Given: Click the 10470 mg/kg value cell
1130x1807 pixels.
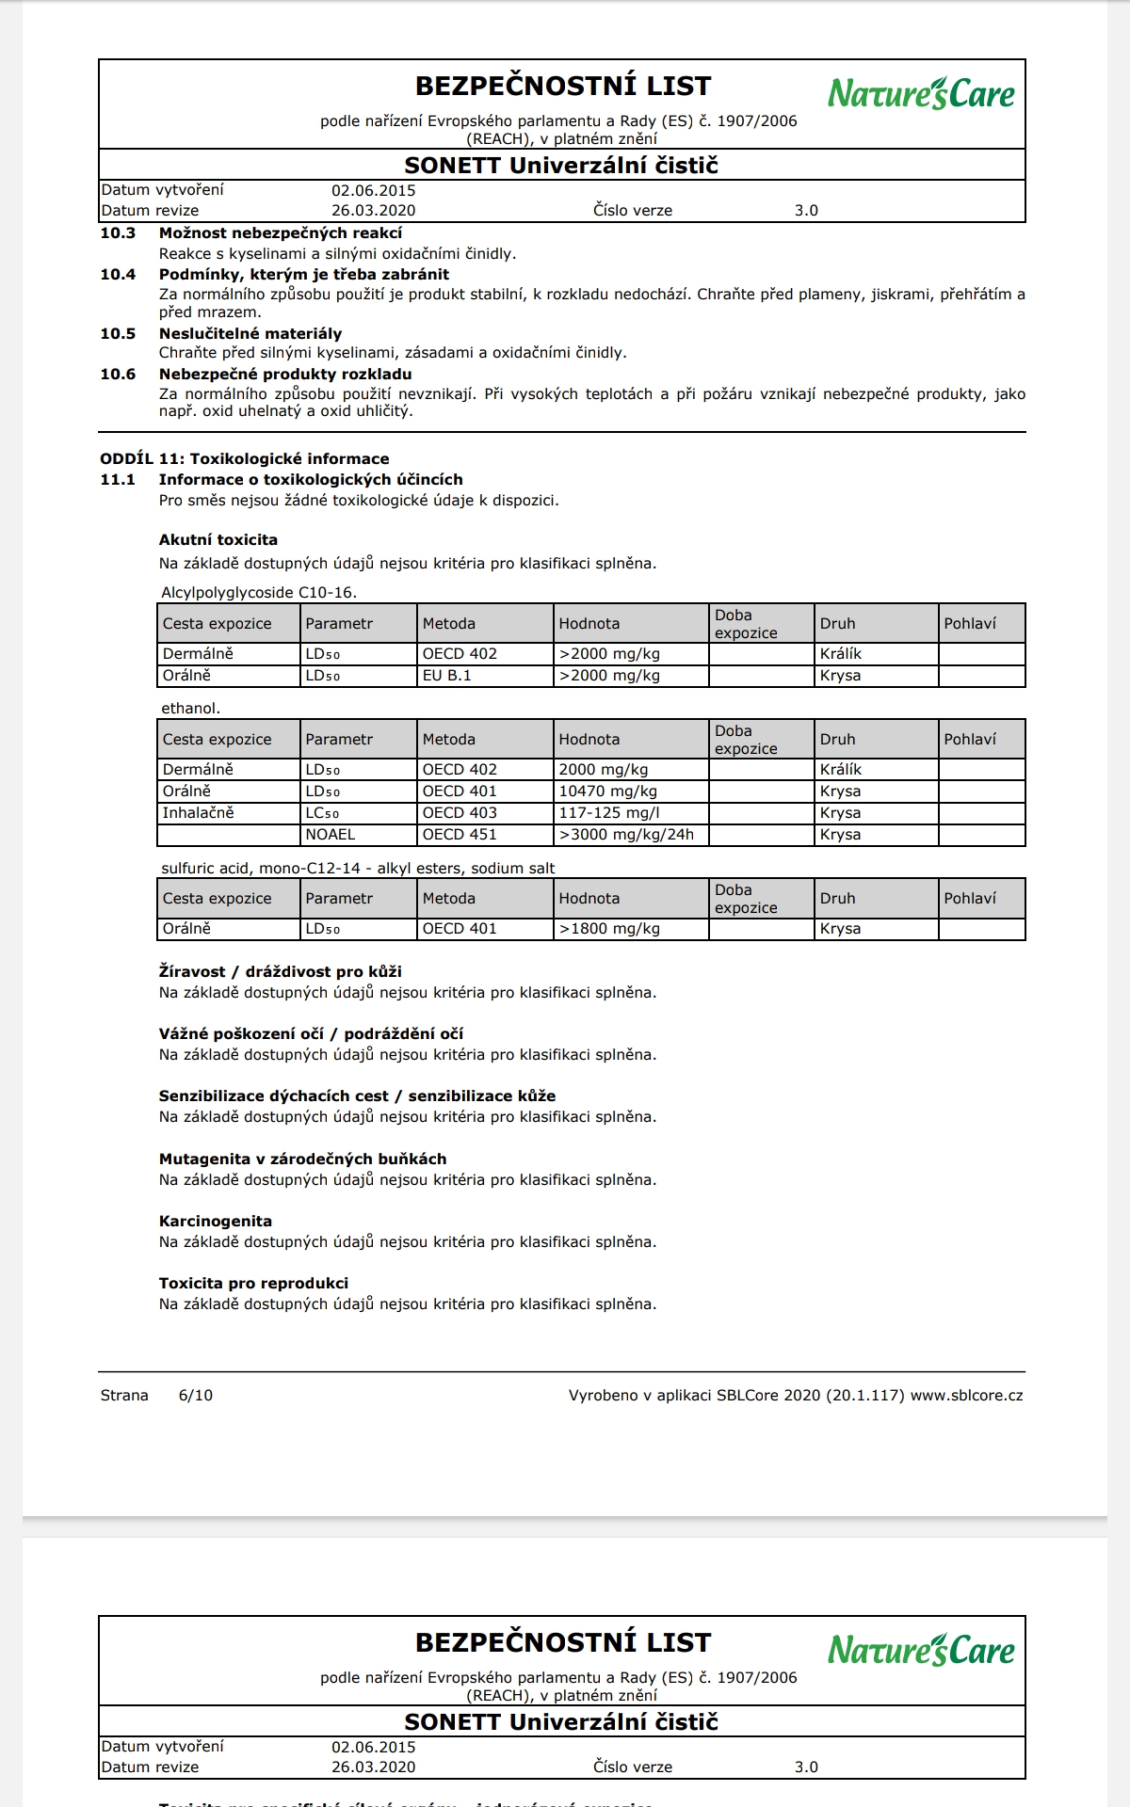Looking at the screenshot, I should coord(608,792).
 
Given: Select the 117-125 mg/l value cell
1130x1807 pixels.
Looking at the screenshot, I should coord(608,813).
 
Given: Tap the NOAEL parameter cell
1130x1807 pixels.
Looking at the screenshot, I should coord(331,835).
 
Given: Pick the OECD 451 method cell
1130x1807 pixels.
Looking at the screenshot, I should coord(460,835).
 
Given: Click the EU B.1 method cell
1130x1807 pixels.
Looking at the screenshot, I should coord(447,676).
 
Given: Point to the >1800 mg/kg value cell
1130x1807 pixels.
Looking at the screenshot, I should coord(609,929).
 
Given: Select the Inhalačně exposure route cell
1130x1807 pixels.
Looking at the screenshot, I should coord(199,813).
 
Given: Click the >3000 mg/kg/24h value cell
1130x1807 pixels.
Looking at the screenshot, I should coord(626,835).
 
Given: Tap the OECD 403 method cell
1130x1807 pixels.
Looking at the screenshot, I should coord(460,813).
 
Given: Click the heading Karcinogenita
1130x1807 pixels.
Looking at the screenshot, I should coord(216,1222).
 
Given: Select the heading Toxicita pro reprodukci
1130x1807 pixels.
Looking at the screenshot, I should coord(253,1284).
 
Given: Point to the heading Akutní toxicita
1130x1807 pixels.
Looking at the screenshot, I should coord(218,540).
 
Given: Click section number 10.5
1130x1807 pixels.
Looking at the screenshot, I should coord(118,334).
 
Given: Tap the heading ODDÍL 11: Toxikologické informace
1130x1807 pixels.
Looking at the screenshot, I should coord(245,459).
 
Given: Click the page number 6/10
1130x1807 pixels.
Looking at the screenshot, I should coord(196,1396).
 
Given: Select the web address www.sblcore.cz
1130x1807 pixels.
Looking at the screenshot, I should coord(966,1396).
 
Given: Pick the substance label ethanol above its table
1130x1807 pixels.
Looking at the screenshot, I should coord(190,709).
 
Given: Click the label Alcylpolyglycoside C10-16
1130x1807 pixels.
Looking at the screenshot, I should coord(259,593).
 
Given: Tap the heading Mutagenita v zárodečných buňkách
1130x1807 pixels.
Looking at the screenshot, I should coord(302,1159).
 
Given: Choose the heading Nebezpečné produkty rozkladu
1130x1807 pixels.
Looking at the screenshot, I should coord(285,375).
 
